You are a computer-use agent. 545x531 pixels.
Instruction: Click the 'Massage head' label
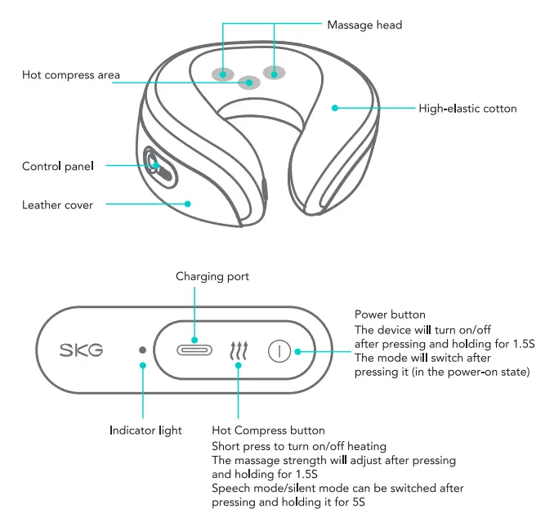364,25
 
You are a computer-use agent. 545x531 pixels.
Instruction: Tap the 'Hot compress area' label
71,75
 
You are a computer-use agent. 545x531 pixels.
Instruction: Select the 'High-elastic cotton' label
467,108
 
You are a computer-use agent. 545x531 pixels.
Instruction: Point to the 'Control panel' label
57,167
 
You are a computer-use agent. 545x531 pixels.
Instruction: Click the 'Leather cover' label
57,205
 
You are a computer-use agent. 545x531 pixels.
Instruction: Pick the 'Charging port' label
212,277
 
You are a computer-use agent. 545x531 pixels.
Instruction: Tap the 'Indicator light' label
145,430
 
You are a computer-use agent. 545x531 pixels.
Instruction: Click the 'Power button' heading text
390,315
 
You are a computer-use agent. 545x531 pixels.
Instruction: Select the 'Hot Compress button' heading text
268,431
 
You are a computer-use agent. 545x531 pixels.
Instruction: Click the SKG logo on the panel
81,350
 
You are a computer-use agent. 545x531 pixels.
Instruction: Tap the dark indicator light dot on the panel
143,350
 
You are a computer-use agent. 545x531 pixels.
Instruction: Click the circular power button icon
279,350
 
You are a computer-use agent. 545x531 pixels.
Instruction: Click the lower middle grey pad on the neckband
248,82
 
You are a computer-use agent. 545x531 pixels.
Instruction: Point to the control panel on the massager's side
158,166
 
